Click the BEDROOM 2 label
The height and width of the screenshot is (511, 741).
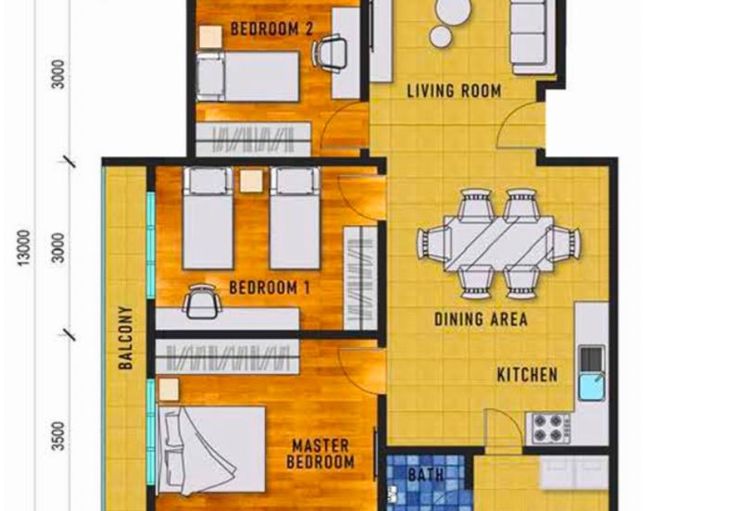point(271,29)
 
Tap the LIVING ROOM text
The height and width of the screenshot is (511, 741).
point(454,91)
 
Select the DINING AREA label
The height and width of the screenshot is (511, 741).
point(481,319)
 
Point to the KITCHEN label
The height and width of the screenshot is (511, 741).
point(527,375)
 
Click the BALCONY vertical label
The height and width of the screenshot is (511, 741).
point(126,337)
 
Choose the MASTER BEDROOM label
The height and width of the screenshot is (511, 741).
point(320,454)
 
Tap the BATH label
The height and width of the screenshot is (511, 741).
point(426,475)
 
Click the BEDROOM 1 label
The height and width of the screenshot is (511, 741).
point(270,288)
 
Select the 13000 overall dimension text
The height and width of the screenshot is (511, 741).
point(24,247)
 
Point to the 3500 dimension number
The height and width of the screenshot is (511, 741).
point(58,436)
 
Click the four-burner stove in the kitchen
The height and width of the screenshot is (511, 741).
point(550,428)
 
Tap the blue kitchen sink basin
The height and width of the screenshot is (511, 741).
point(591,386)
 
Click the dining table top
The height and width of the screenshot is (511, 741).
point(498,243)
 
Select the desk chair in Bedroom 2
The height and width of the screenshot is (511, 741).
point(330,54)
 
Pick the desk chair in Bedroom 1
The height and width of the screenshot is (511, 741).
point(202,301)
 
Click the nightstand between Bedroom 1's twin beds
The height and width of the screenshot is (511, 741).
point(251,181)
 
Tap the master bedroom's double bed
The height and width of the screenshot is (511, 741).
point(211,449)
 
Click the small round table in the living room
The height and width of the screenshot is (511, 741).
point(441,36)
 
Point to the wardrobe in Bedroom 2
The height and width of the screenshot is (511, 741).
point(253,139)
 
